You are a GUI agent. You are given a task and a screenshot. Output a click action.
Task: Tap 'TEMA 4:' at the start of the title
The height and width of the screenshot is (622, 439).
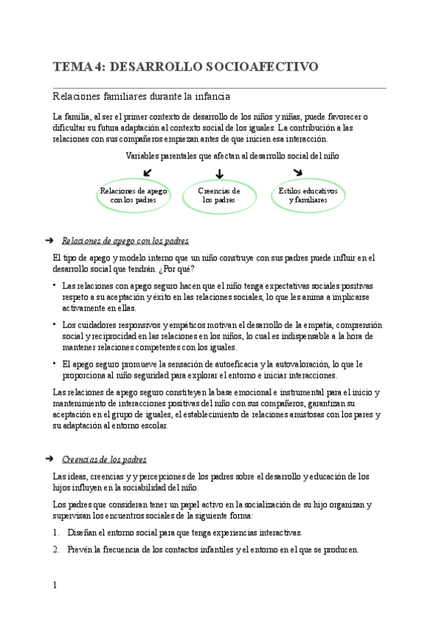78,67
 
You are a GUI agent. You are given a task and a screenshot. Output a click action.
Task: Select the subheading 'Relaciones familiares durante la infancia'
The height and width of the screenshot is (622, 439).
141,96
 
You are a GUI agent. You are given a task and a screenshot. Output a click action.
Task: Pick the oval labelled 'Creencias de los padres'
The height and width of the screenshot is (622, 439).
219,195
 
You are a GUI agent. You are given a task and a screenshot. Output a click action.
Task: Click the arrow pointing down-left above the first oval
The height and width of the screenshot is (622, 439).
149,172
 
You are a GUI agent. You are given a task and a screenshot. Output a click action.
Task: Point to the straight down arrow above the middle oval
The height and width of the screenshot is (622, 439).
219,173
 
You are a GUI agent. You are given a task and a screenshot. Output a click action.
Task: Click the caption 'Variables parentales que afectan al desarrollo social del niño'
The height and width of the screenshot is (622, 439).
232,155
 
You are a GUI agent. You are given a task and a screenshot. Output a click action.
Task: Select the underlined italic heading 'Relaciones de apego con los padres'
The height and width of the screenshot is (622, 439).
126,241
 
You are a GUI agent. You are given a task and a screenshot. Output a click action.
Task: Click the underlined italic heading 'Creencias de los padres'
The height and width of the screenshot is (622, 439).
104,459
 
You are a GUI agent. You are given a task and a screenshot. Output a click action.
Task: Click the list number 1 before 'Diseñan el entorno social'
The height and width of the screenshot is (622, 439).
56,533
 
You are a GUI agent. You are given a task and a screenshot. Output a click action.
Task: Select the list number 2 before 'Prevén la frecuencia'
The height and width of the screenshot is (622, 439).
56,549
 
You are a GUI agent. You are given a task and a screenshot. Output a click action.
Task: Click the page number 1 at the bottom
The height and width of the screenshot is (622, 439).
55,585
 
